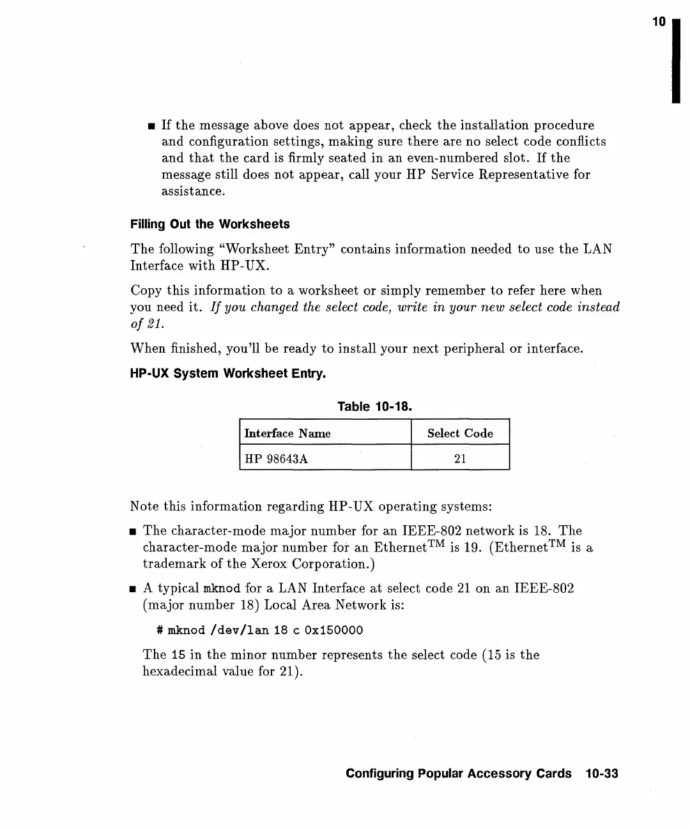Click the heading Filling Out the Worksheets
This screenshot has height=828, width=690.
click(210, 224)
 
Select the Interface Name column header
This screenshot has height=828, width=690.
click(287, 433)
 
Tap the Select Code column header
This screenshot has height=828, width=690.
click(460, 433)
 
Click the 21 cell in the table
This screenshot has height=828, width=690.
click(460, 459)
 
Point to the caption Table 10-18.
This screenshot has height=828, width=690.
click(374, 406)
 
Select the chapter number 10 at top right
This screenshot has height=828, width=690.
click(659, 22)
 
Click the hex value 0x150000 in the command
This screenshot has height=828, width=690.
click(333, 631)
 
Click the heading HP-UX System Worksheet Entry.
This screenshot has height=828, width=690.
click(228, 373)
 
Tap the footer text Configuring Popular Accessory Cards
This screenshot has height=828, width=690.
click(458, 774)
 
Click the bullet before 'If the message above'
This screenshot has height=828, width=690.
click(150, 126)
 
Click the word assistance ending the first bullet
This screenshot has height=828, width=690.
click(193, 192)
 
